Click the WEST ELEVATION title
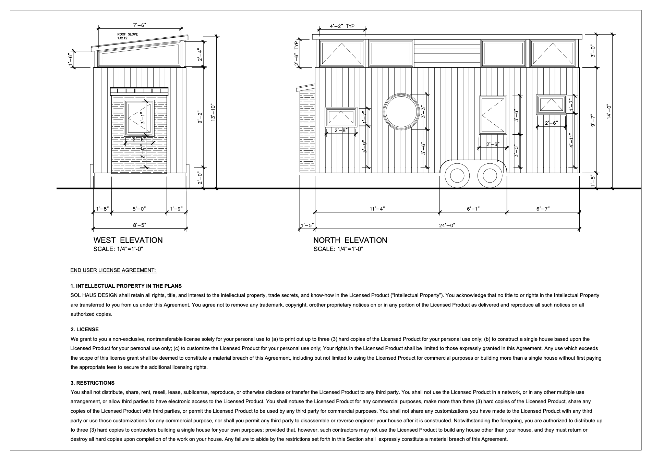pos(128,240)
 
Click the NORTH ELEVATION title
pos(350,240)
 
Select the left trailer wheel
pos(457,175)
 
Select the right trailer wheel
pos(490,175)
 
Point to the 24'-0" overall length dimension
pos(447,225)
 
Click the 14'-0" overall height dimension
pos(609,112)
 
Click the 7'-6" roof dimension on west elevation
pos(140,25)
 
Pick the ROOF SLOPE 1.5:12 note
pos(128,36)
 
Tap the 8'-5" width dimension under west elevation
pos(140,225)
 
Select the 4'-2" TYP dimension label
pos(342,26)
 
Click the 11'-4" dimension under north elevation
pos(377,209)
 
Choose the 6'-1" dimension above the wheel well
pos(473,209)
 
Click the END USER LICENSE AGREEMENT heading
pos(113,270)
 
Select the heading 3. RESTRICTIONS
pos(93,383)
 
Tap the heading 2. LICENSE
pos(84,330)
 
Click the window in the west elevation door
pos(140,118)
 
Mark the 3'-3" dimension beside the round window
pos(423,112)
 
